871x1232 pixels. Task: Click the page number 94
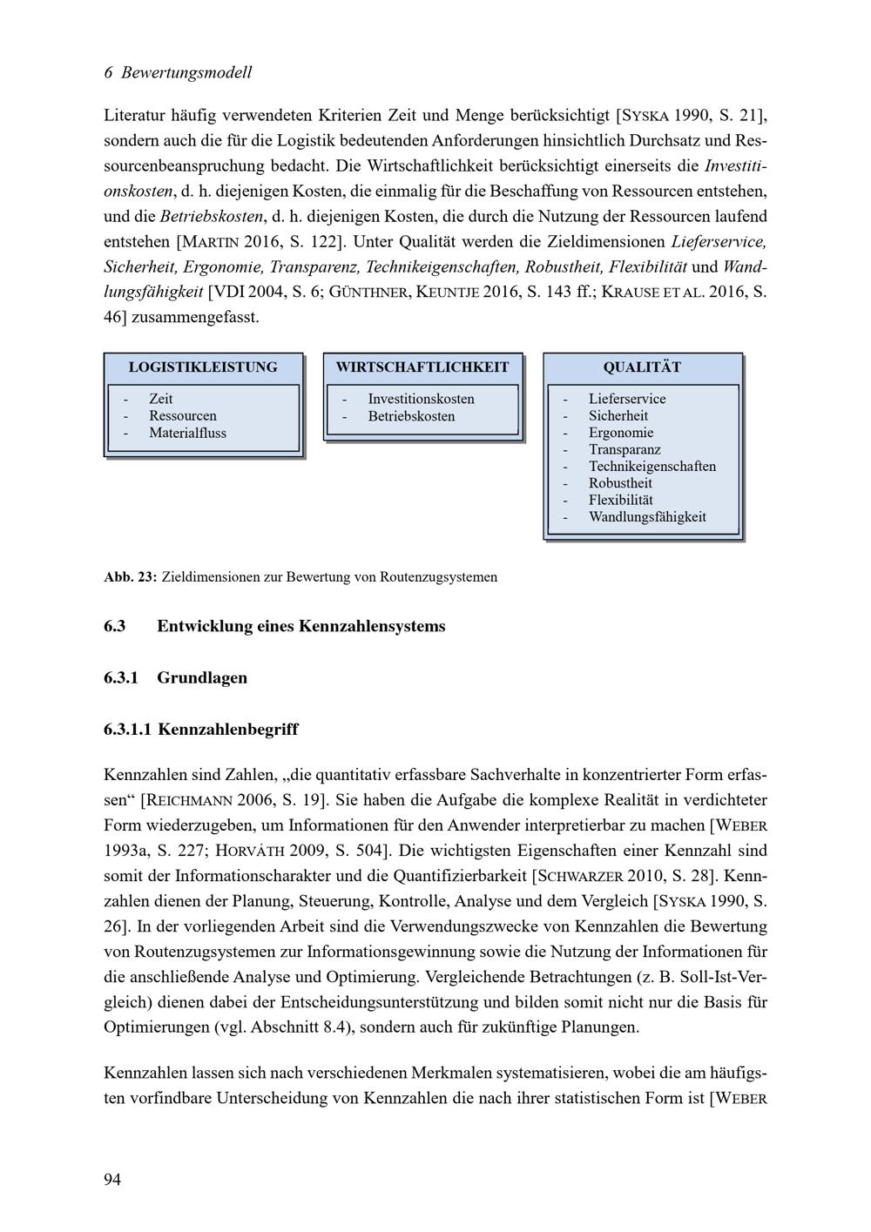click(x=112, y=1179)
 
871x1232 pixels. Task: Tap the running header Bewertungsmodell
click(x=186, y=72)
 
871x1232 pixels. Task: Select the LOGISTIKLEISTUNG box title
click(x=203, y=367)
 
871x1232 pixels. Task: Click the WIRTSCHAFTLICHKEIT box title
click(x=422, y=367)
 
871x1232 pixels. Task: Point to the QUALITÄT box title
click(x=642, y=367)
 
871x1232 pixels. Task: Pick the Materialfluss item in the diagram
click(x=187, y=433)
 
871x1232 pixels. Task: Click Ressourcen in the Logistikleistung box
click(x=183, y=416)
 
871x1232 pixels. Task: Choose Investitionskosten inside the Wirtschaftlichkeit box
click(x=421, y=399)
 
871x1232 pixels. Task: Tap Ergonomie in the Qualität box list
click(x=620, y=433)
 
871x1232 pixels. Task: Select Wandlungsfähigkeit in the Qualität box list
click(x=647, y=516)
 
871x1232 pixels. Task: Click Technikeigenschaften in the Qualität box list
click(x=652, y=466)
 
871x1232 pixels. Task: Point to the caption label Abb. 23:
click(x=130, y=576)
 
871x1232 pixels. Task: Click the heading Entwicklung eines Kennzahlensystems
click(x=300, y=626)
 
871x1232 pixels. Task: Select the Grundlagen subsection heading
click(x=202, y=677)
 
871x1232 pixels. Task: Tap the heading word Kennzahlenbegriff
click(x=228, y=729)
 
